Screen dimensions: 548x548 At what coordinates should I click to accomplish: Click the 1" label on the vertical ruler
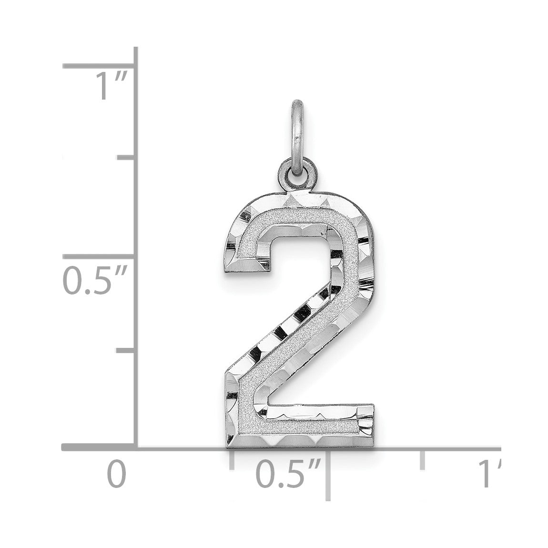[x=112, y=86]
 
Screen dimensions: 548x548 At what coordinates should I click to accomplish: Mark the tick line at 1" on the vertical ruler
[x=100, y=66]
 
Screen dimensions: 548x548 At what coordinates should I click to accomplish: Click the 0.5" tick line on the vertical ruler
[x=100, y=256]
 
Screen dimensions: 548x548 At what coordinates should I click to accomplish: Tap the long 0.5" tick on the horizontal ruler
[x=328, y=475]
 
